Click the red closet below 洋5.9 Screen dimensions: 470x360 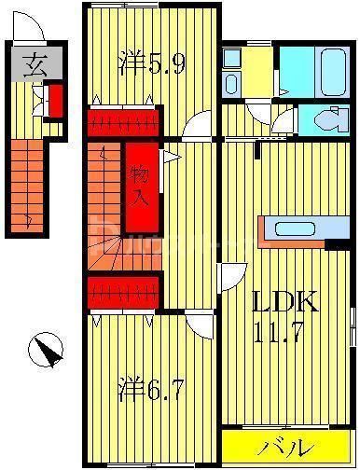coord(125,122)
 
